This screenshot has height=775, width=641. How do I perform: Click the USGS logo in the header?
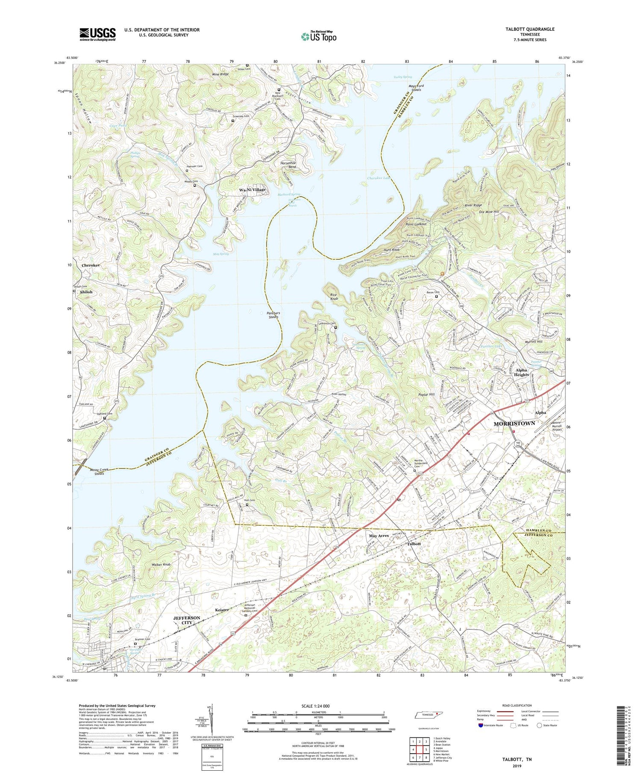point(97,34)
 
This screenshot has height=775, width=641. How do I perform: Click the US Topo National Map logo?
point(318,36)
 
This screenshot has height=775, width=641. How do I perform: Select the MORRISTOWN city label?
point(514,423)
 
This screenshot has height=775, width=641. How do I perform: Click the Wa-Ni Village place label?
point(252,189)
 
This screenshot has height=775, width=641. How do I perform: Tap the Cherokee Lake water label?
point(379,178)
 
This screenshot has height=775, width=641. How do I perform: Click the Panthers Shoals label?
point(273,315)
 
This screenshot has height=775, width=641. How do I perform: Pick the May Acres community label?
point(379,536)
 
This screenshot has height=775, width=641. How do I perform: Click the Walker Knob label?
point(161,565)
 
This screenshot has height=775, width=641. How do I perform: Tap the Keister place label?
point(222,610)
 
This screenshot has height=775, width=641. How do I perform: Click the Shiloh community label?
point(86,292)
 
